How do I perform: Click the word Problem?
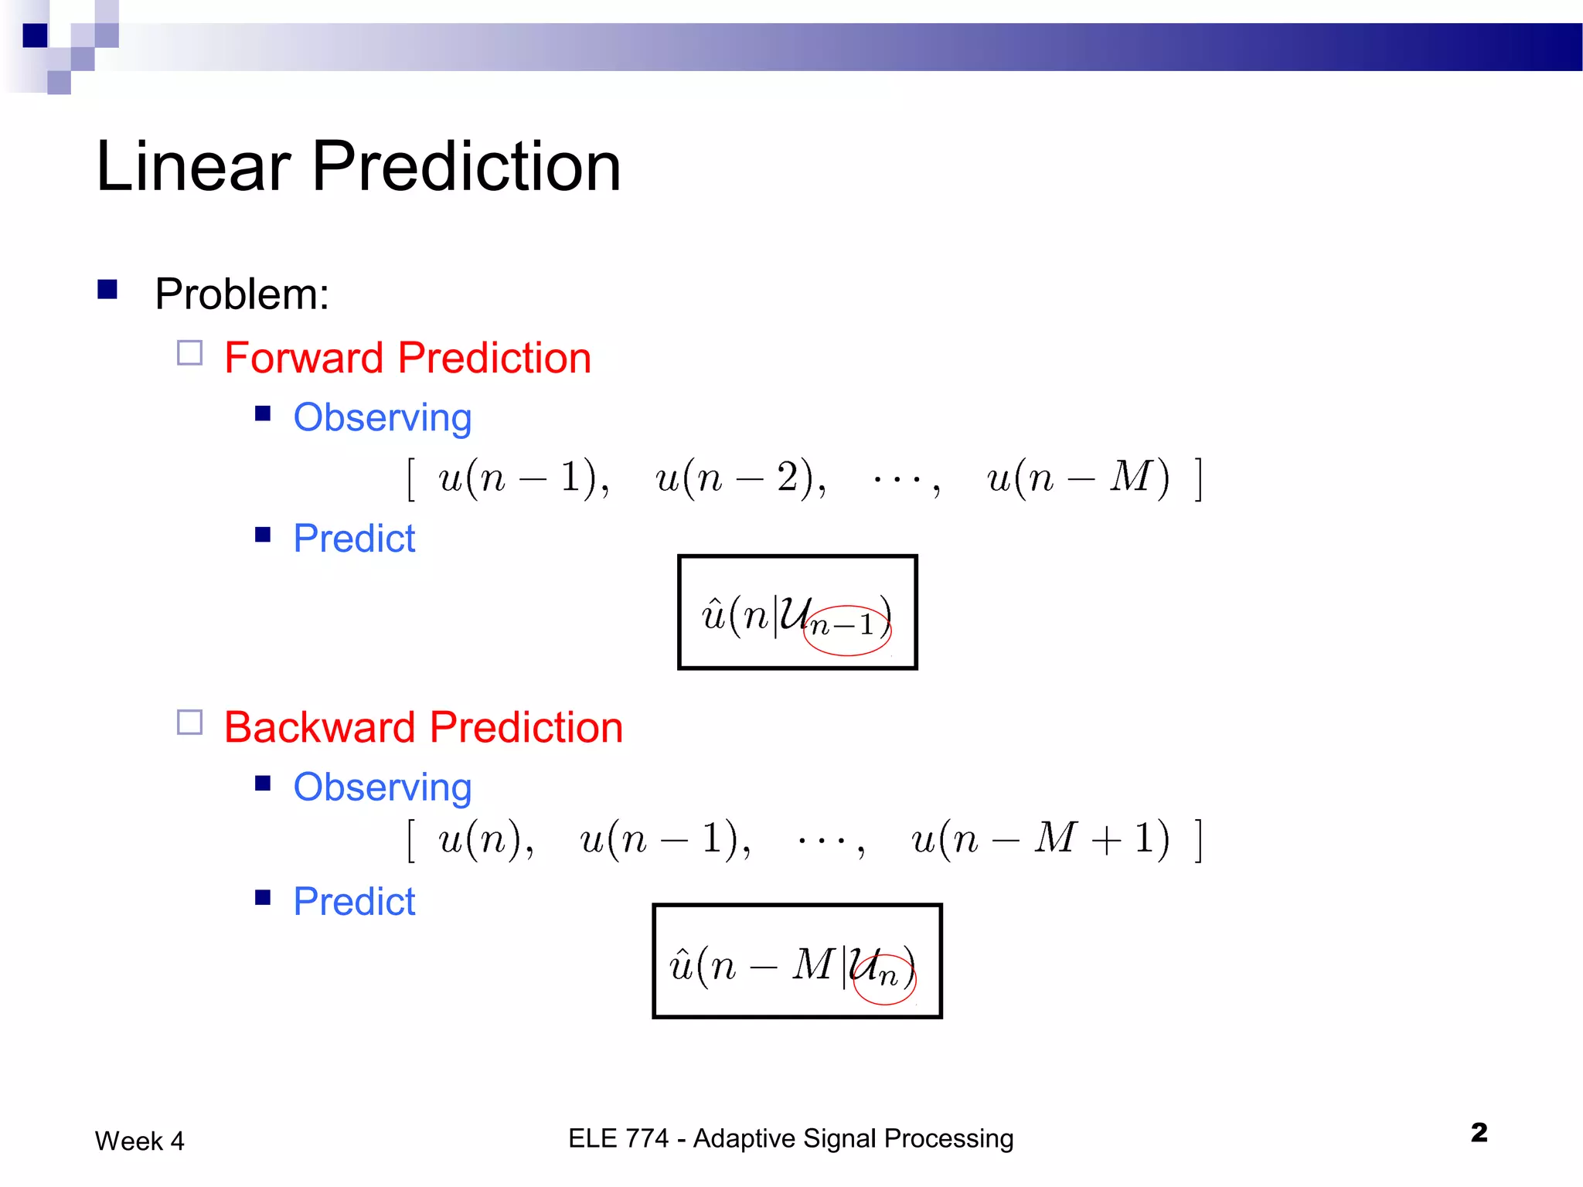click(241, 294)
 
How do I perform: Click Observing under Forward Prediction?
click(382, 418)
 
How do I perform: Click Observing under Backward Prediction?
click(382, 787)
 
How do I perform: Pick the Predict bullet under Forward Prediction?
click(354, 539)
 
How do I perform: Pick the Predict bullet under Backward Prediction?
click(354, 902)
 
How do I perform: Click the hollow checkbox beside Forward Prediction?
click(189, 353)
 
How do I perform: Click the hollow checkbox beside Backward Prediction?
click(189, 723)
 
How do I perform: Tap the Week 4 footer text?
click(139, 1141)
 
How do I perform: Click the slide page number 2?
click(1479, 1133)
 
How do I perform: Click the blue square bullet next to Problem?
click(107, 289)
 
